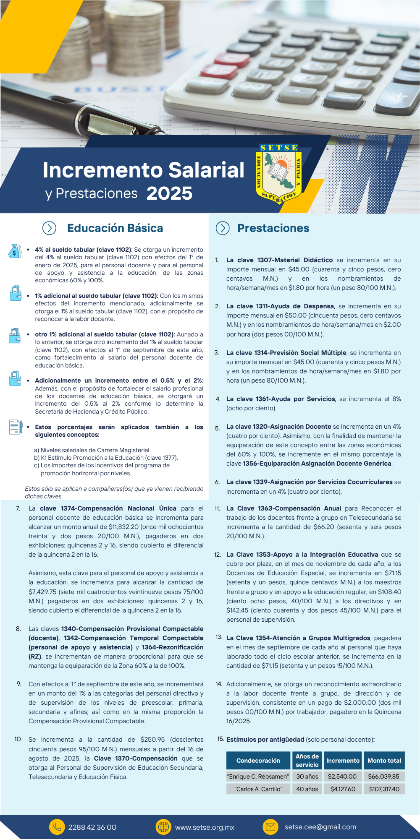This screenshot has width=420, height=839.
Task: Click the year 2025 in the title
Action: point(169,193)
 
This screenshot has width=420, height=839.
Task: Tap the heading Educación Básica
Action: point(115,228)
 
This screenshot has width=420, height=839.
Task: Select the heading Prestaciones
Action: point(273,228)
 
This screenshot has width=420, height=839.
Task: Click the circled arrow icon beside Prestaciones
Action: point(223,228)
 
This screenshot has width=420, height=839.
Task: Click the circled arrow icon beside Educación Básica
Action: point(50,228)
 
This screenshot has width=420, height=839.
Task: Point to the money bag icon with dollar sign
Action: point(15,251)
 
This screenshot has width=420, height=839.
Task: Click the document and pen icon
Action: point(16,427)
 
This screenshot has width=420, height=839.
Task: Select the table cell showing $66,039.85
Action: point(384,776)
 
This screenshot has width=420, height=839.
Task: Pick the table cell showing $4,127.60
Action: point(343,789)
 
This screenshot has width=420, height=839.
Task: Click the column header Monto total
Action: point(384,761)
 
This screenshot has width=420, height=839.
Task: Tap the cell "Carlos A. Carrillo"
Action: point(258,789)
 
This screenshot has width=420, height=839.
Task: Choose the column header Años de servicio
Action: point(307,761)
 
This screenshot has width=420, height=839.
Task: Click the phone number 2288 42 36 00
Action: point(92,827)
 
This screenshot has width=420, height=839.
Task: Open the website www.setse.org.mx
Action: point(205,827)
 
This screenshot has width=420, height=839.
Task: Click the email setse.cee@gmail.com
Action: point(320,827)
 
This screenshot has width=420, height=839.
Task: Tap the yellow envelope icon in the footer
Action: point(270,827)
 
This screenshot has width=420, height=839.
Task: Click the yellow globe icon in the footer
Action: point(163,827)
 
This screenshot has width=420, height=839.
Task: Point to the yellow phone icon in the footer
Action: point(57,827)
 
